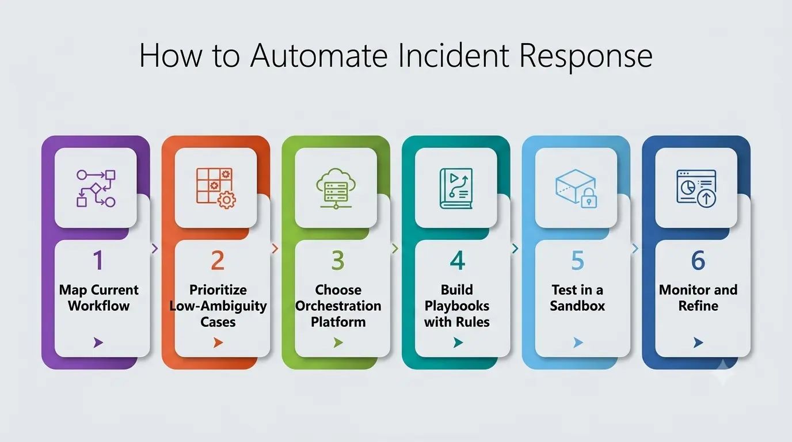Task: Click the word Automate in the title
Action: pyautogui.click(x=318, y=55)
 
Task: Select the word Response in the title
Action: pyautogui.click(x=586, y=56)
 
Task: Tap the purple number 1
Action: pyautogui.click(x=98, y=260)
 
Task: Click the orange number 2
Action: pyautogui.click(x=218, y=260)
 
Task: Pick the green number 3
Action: pyautogui.click(x=338, y=260)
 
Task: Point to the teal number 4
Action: pyautogui.click(x=458, y=260)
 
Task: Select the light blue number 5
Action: pyautogui.click(x=577, y=260)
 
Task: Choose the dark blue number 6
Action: pyautogui.click(x=698, y=260)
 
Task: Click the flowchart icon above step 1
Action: pyautogui.click(x=96, y=188)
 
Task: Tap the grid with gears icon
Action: pyautogui.click(x=216, y=188)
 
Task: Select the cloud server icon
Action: pyautogui.click(x=336, y=188)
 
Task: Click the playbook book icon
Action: pyautogui.click(x=456, y=188)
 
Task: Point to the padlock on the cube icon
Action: pyautogui.click(x=589, y=198)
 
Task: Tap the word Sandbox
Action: pyautogui.click(x=577, y=306)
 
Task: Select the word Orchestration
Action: pyautogui.click(x=338, y=306)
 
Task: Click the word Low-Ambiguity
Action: pyautogui.click(x=218, y=306)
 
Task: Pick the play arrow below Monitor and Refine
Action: pyautogui.click(x=698, y=342)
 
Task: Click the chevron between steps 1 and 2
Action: pyautogui.click(x=154, y=249)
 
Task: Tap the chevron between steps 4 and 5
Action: pyautogui.click(x=515, y=249)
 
